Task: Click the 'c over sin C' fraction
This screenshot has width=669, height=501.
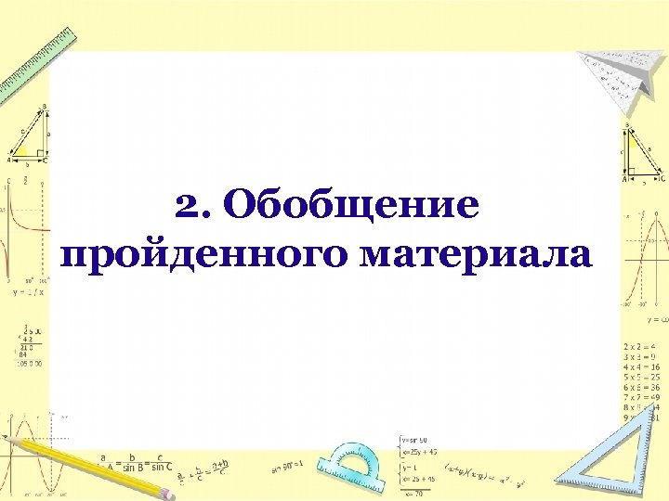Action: [x=164, y=462]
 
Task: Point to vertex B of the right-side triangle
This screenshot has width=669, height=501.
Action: [x=626, y=126]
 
